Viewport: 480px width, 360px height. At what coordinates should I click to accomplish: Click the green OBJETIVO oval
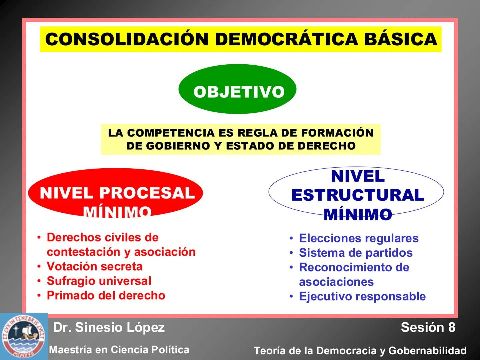click(x=237, y=89)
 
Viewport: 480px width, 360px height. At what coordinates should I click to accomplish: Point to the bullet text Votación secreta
click(x=95, y=266)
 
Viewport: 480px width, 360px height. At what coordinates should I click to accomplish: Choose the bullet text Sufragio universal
click(x=99, y=281)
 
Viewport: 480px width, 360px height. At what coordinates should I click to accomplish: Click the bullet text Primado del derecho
click(x=106, y=295)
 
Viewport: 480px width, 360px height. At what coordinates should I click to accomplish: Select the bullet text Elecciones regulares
click(x=359, y=238)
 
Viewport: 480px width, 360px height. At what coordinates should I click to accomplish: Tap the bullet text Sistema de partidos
click(x=356, y=253)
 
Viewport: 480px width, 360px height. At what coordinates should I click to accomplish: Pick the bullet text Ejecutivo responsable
click(x=362, y=296)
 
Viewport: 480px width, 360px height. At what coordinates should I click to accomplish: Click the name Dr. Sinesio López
click(x=109, y=327)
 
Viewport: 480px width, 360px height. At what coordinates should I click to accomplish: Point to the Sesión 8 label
click(x=428, y=327)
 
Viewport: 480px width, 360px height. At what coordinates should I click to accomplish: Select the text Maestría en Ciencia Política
click(x=119, y=350)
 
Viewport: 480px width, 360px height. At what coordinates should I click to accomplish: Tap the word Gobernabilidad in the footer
click(x=427, y=351)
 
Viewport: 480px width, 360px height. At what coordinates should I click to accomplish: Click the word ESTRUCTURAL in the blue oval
click(x=358, y=195)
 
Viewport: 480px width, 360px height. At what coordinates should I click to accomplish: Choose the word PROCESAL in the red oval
click(x=147, y=193)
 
